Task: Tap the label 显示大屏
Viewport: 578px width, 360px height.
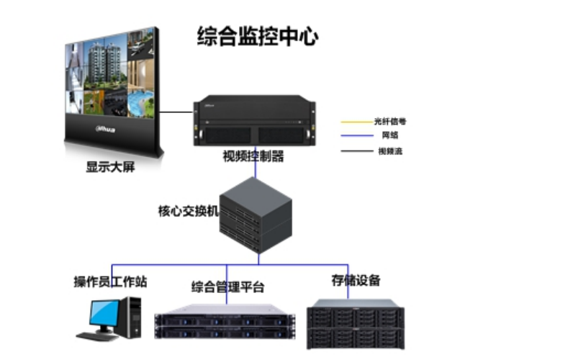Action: click(x=110, y=168)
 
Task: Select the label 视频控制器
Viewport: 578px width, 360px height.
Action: click(x=253, y=156)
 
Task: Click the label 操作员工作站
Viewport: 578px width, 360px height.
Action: click(x=110, y=282)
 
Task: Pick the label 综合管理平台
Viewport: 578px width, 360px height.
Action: click(x=227, y=287)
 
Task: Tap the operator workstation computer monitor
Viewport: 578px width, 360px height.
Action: click(x=104, y=314)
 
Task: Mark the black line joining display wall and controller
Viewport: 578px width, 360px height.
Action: click(x=177, y=112)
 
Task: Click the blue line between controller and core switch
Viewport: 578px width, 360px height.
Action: click(x=257, y=166)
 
